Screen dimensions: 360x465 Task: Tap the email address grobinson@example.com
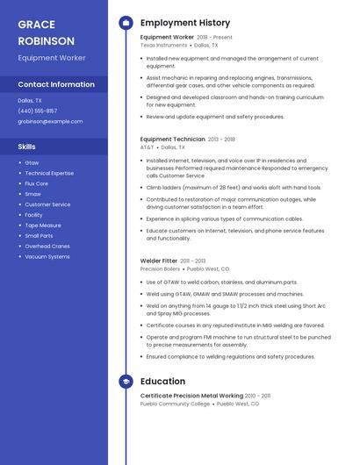[x=50, y=121]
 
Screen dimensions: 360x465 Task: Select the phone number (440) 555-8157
[x=37, y=111]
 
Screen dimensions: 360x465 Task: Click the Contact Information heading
[x=56, y=84]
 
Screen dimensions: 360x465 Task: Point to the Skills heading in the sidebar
[x=27, y=147]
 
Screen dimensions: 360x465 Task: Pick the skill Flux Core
[x=37, y=183]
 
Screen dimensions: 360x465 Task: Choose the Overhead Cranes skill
[x=47, y=246]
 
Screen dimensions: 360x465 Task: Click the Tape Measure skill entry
[x=43, y=225]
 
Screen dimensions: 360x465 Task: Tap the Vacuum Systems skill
[x=47, y=256]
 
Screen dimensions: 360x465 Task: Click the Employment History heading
[x=185, y=23]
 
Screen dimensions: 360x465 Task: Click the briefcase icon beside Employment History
[x=126, y=23]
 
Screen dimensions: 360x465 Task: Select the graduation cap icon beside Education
[x=126, y=382]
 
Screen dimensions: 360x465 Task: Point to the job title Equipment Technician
[x=172, y=139]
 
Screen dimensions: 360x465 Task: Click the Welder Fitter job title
[x=159, y=261]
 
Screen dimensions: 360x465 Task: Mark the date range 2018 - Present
[x=215, y=38]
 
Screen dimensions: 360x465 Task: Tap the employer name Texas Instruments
[x=163, y=45]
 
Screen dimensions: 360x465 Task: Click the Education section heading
[x=162, y=382]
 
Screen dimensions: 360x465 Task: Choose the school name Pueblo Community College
[x=175, y=404]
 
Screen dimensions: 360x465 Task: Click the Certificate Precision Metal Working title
[x=191, y=396]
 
